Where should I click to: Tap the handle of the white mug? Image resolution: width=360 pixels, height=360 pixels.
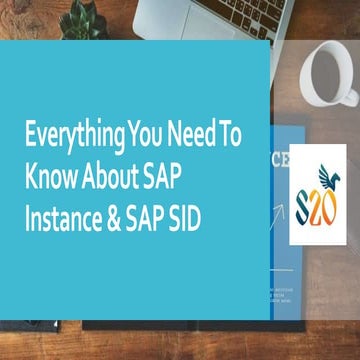(350, 90)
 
